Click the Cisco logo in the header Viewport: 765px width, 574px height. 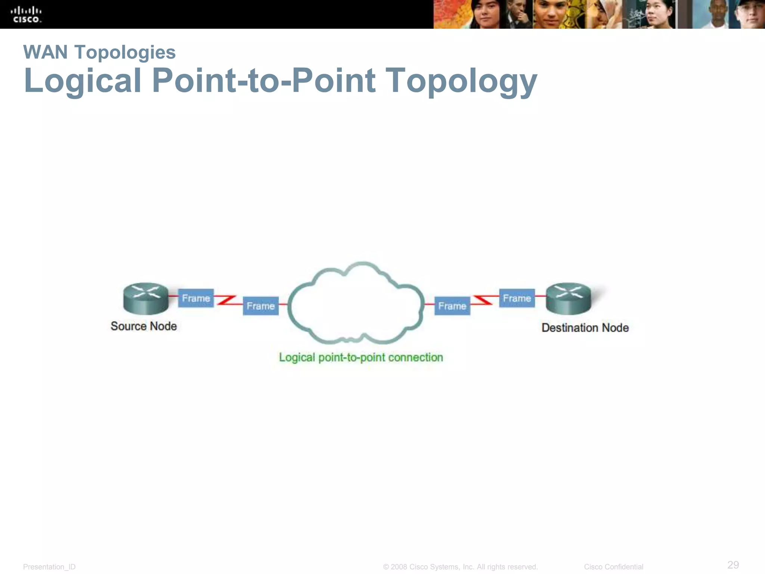pyautogui.click(x=26, y=15)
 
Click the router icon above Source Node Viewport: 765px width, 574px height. pyautogui.click(x=146, y=298)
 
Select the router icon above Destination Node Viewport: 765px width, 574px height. pyautogui.click(x=568, y=298)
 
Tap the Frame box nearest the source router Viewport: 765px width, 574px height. pyautogui.click(x=196, y=298)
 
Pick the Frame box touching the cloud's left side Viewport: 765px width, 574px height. pyautogui.click(x=261, y=306)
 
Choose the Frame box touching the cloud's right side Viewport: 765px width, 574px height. pyautogui.click(x=452, y=306)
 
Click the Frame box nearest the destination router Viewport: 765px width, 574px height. pyautogui.click(x=517, y=298)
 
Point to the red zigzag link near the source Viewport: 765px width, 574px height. pyautogui.click(x=226, y=300)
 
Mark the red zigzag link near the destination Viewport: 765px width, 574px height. pyautogui.click(x=484, y=300)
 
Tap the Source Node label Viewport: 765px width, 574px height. pyautogui.click(x=144, y=326)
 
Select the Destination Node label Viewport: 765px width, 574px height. pyautogui.click(x=585, y=328)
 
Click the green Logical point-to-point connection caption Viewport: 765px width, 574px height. pyautogui.click(x=361, y=358)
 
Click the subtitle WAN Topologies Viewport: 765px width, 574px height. pyautogui.click(x=99, y=52)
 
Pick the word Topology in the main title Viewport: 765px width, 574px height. pyautogui.click(x=461, y=81)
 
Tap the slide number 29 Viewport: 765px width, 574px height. pyautogui.click(x=733, y=564)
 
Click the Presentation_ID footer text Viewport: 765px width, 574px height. pyautogui.click(x=49, y=567)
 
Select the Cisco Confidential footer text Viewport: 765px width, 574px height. pyautogui.click(x=613, y=567)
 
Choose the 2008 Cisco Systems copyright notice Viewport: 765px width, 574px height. pyautogui.click(x=460, y=567)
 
